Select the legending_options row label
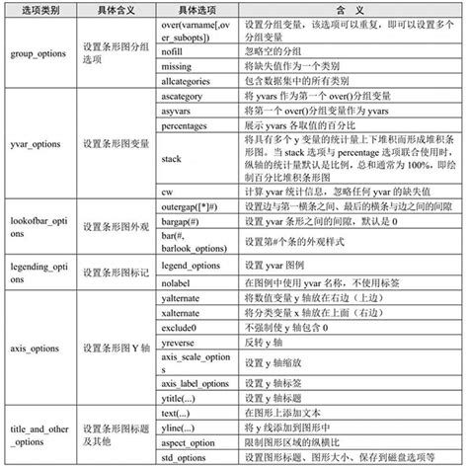[x=38, y=267]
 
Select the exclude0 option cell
[x=181, y=324]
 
